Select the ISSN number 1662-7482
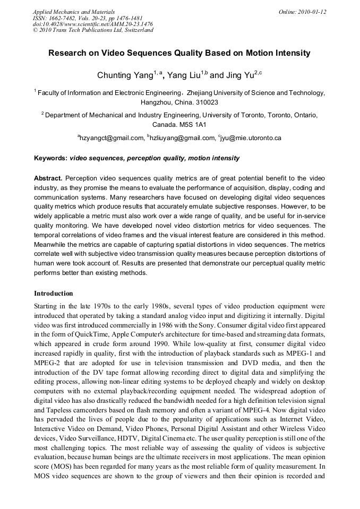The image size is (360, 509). pos(66,18)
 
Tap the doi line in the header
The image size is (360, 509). pos(92,24)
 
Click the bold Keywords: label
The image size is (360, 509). pos(51,158)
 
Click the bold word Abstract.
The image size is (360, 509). pos(48,178)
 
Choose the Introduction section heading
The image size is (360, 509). pos(54,294)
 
